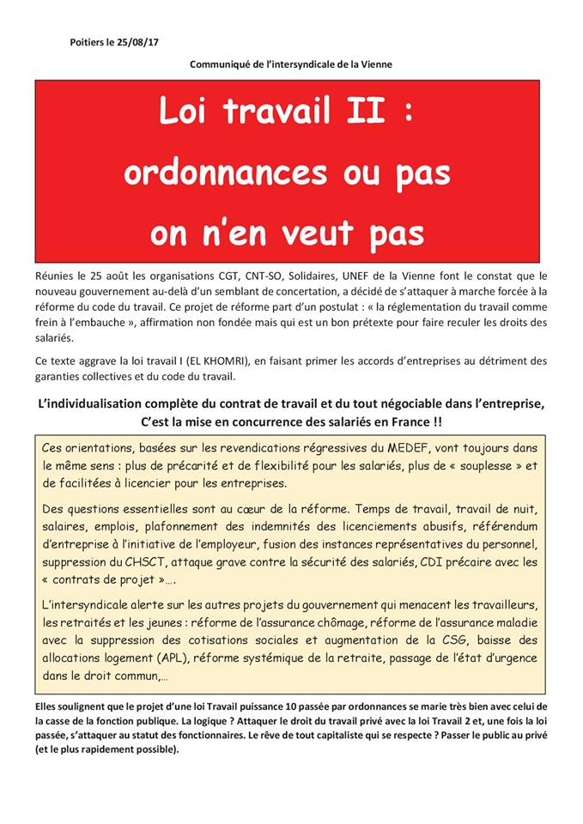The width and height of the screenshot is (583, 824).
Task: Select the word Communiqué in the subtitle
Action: tap(222, 64)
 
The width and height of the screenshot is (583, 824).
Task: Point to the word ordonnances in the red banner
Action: tap(224, 173)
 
